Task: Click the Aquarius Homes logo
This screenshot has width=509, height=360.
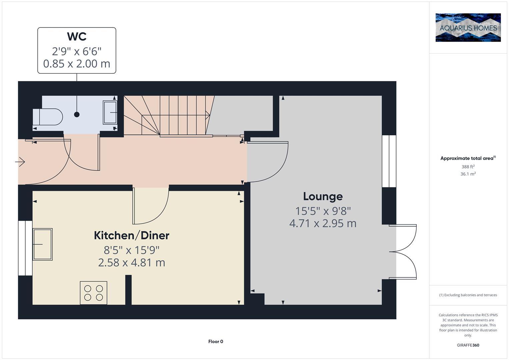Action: pyautogui.click(x=468, y=27)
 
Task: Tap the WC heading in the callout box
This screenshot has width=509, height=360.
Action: pyautogui.click(x=77, y=36)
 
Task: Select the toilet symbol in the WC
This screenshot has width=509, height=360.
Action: pyautogui.click(x=48, y=117)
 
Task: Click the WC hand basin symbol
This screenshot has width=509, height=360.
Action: pyautogui.click(x=110, y=113)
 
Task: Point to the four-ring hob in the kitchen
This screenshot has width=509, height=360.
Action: pyautogui.click(x=94, y=293)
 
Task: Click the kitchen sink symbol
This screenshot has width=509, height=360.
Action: pyautogui.click(x=42, y=244)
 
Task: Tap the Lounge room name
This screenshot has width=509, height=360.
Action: pyautogui.click(x=323, y=196)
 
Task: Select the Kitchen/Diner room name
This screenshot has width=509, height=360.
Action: pyautogui.click(x=131, y=235)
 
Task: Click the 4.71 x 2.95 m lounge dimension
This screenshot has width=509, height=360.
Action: pyautogui.click(x=323, y=223)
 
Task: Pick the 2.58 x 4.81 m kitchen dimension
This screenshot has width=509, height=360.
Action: pyautogui.click(x=131, y=263)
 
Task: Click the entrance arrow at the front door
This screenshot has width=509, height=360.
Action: pyautogui.click(x=20, y=162)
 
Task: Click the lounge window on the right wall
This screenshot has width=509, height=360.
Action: pyautogui.click(x=389, y=161)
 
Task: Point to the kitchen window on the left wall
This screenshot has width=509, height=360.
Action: pyautogui.click(x=25, y=248)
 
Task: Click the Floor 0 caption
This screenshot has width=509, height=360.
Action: pyautogui.click(x=215, y=341)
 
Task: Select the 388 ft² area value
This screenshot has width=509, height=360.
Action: pyautogui.click(x=468, y=167)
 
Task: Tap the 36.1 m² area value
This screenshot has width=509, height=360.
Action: pyautogui.click(x=468, y=174)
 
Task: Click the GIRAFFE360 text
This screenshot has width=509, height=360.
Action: pyautogui.click(x=468, y=345)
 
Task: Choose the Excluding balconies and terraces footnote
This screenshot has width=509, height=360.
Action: pyautogui.click(x=468, y=295)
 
